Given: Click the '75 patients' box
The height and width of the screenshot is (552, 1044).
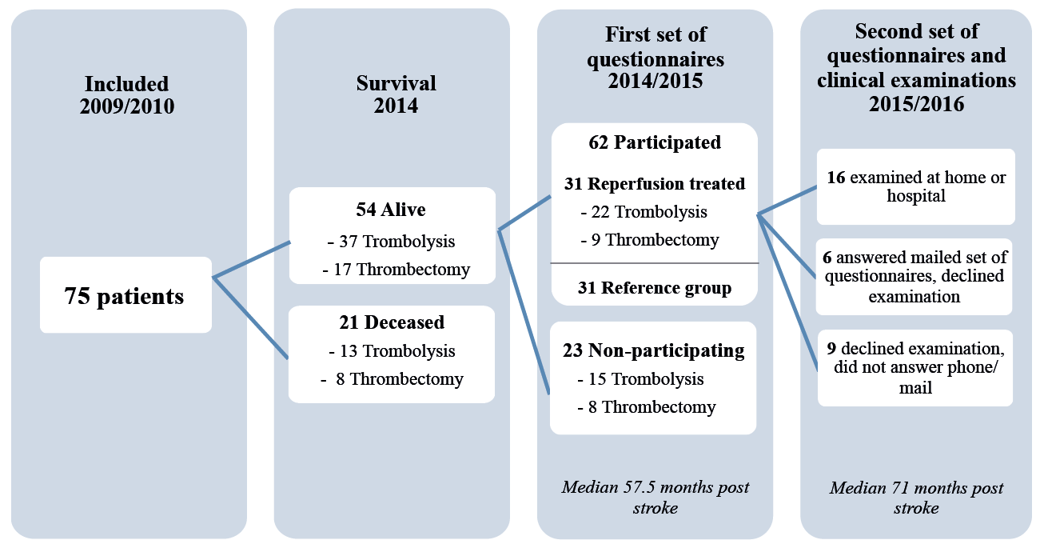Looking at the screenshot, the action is click(x=126, y=295).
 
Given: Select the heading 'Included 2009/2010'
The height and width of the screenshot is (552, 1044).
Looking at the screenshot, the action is click(x=127, y=95).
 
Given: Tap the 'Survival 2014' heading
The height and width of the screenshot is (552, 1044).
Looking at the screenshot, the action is click(x=396, y=94).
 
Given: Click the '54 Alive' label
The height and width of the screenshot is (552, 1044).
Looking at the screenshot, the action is click(x=391, y=210).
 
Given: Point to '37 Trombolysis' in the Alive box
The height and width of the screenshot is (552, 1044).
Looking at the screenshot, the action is click(x=391, y=242).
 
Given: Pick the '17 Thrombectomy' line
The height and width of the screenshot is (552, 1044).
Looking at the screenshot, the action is click(x=396, y=270).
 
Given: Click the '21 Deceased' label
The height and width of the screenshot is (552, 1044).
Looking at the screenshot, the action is click(x=392, y=322).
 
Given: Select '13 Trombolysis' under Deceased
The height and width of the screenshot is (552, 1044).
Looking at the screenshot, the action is click(x=392, y=351).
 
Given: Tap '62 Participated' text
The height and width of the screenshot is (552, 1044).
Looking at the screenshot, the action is click(x=655, y=142).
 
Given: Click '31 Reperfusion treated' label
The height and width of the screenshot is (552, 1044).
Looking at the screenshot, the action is click(x=655, y=184).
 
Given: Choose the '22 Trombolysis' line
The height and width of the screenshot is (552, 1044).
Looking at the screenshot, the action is click(x=644, y=212).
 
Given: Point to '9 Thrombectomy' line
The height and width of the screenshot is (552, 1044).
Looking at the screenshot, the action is click(x=650, y=240).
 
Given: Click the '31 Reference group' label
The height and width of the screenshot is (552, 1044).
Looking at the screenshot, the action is click(x=655, y=288).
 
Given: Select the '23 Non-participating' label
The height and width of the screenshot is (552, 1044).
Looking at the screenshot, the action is click(x=653, y=350).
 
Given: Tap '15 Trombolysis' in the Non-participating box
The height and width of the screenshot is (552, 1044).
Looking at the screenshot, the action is click(x=640, y=379).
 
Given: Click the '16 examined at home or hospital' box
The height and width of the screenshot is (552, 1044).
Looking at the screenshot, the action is click(x=916, y=186).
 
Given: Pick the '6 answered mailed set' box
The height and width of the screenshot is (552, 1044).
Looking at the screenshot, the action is click(x=914, y=277).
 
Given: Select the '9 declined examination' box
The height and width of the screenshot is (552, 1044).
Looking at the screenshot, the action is click(x=915, y=368).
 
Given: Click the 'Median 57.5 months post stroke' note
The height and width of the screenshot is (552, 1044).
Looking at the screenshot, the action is click(x=655, y=498).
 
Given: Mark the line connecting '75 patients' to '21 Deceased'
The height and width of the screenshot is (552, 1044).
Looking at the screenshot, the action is click(x=251, y=318).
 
